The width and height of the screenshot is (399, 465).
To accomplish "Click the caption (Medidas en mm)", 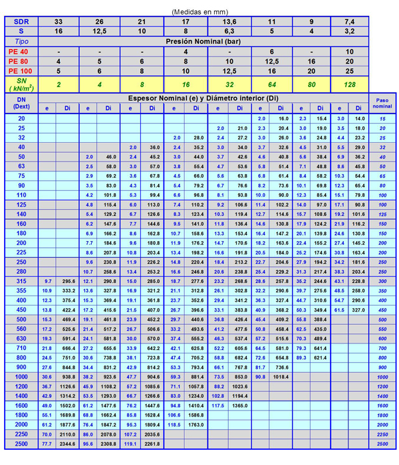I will (x=199, y=11).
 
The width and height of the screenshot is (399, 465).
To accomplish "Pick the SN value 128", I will (x=350, y=84).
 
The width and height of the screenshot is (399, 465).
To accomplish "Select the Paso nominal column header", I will (x=382, y=102).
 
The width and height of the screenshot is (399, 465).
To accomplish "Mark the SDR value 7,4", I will (x=350, y=21).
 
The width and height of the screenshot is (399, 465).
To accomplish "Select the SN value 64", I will (x=271, y=84).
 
